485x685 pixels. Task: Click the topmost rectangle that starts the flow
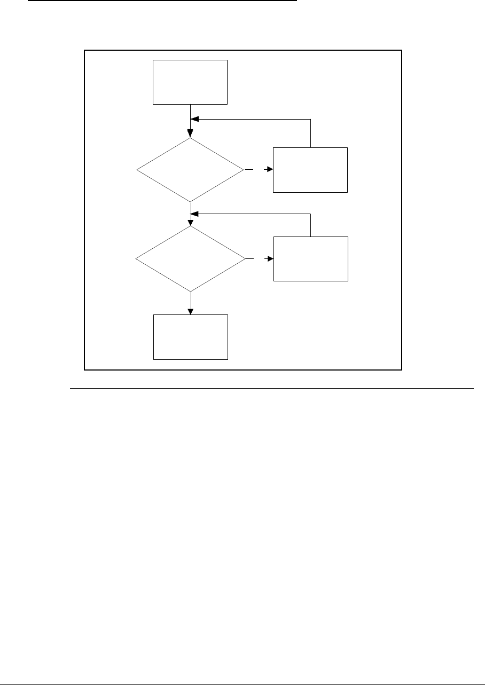pyautogui.click(x=190, y=82)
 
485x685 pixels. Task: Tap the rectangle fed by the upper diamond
pyautogui.click(x=310, y=170)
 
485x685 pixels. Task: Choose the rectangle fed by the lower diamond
pyautogui.click(x=310, y=258)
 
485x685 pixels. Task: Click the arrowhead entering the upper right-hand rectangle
pyautogui.click(x=270, y=170)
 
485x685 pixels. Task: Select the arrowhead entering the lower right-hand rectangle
pyautogui.click(x=270, y=259)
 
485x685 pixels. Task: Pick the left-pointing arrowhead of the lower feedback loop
pyautogui.click(x=194, y=214)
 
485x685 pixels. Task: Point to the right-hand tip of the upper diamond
pyautogui.click(x=244, y=170)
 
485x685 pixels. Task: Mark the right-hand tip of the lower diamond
pyautogui.click(x=245, y=259)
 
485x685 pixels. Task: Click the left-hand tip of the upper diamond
pyautogui.click(x=137, y=170)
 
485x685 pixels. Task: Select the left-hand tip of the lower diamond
pyautogui.click(x=136, y=259)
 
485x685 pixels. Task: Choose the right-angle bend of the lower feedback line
pyautogui.click(x=310, y=214)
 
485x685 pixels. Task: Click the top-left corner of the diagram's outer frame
pyautogui.click(x=85, y=50)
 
